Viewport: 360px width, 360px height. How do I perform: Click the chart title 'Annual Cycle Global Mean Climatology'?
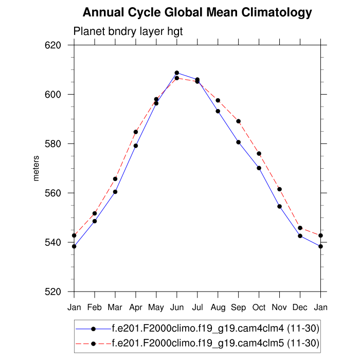point(197,12)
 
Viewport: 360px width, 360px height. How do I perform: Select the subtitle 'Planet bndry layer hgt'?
point(128,32)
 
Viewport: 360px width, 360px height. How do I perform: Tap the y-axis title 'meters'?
point(36,169)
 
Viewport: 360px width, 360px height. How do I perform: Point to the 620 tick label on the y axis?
point(54,45)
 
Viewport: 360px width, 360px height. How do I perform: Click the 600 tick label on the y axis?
point(54,95)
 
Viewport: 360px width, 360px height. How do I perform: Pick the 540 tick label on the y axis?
point(54,243)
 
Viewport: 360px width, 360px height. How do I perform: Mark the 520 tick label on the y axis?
point(54,292)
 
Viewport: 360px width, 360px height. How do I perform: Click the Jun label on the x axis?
point(177,308)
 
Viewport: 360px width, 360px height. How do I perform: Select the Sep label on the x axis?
point(239,308)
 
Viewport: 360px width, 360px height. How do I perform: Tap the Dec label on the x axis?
point(300,308)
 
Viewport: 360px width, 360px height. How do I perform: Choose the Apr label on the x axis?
point(136,308)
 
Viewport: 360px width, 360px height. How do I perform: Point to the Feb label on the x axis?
point(95,308)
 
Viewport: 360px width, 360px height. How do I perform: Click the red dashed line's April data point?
point(136,132)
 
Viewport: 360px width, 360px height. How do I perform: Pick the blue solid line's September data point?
point(239,142)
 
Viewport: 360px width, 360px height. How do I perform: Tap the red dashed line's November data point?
point(280,189)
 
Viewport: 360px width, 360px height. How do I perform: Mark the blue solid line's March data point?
point(115,192)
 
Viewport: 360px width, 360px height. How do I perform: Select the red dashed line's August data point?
point(218,100)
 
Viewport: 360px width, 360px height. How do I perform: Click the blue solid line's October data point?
point(259,168)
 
